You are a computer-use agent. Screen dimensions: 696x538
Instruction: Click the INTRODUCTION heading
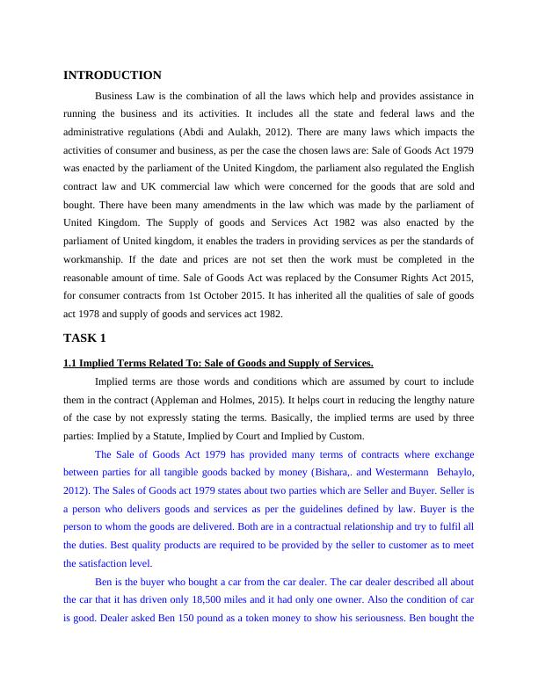[x=113, y=76]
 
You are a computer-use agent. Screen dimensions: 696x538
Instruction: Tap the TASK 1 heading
[x=84, y=337]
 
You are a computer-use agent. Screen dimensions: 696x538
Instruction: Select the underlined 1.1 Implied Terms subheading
[x=218, y=363]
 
